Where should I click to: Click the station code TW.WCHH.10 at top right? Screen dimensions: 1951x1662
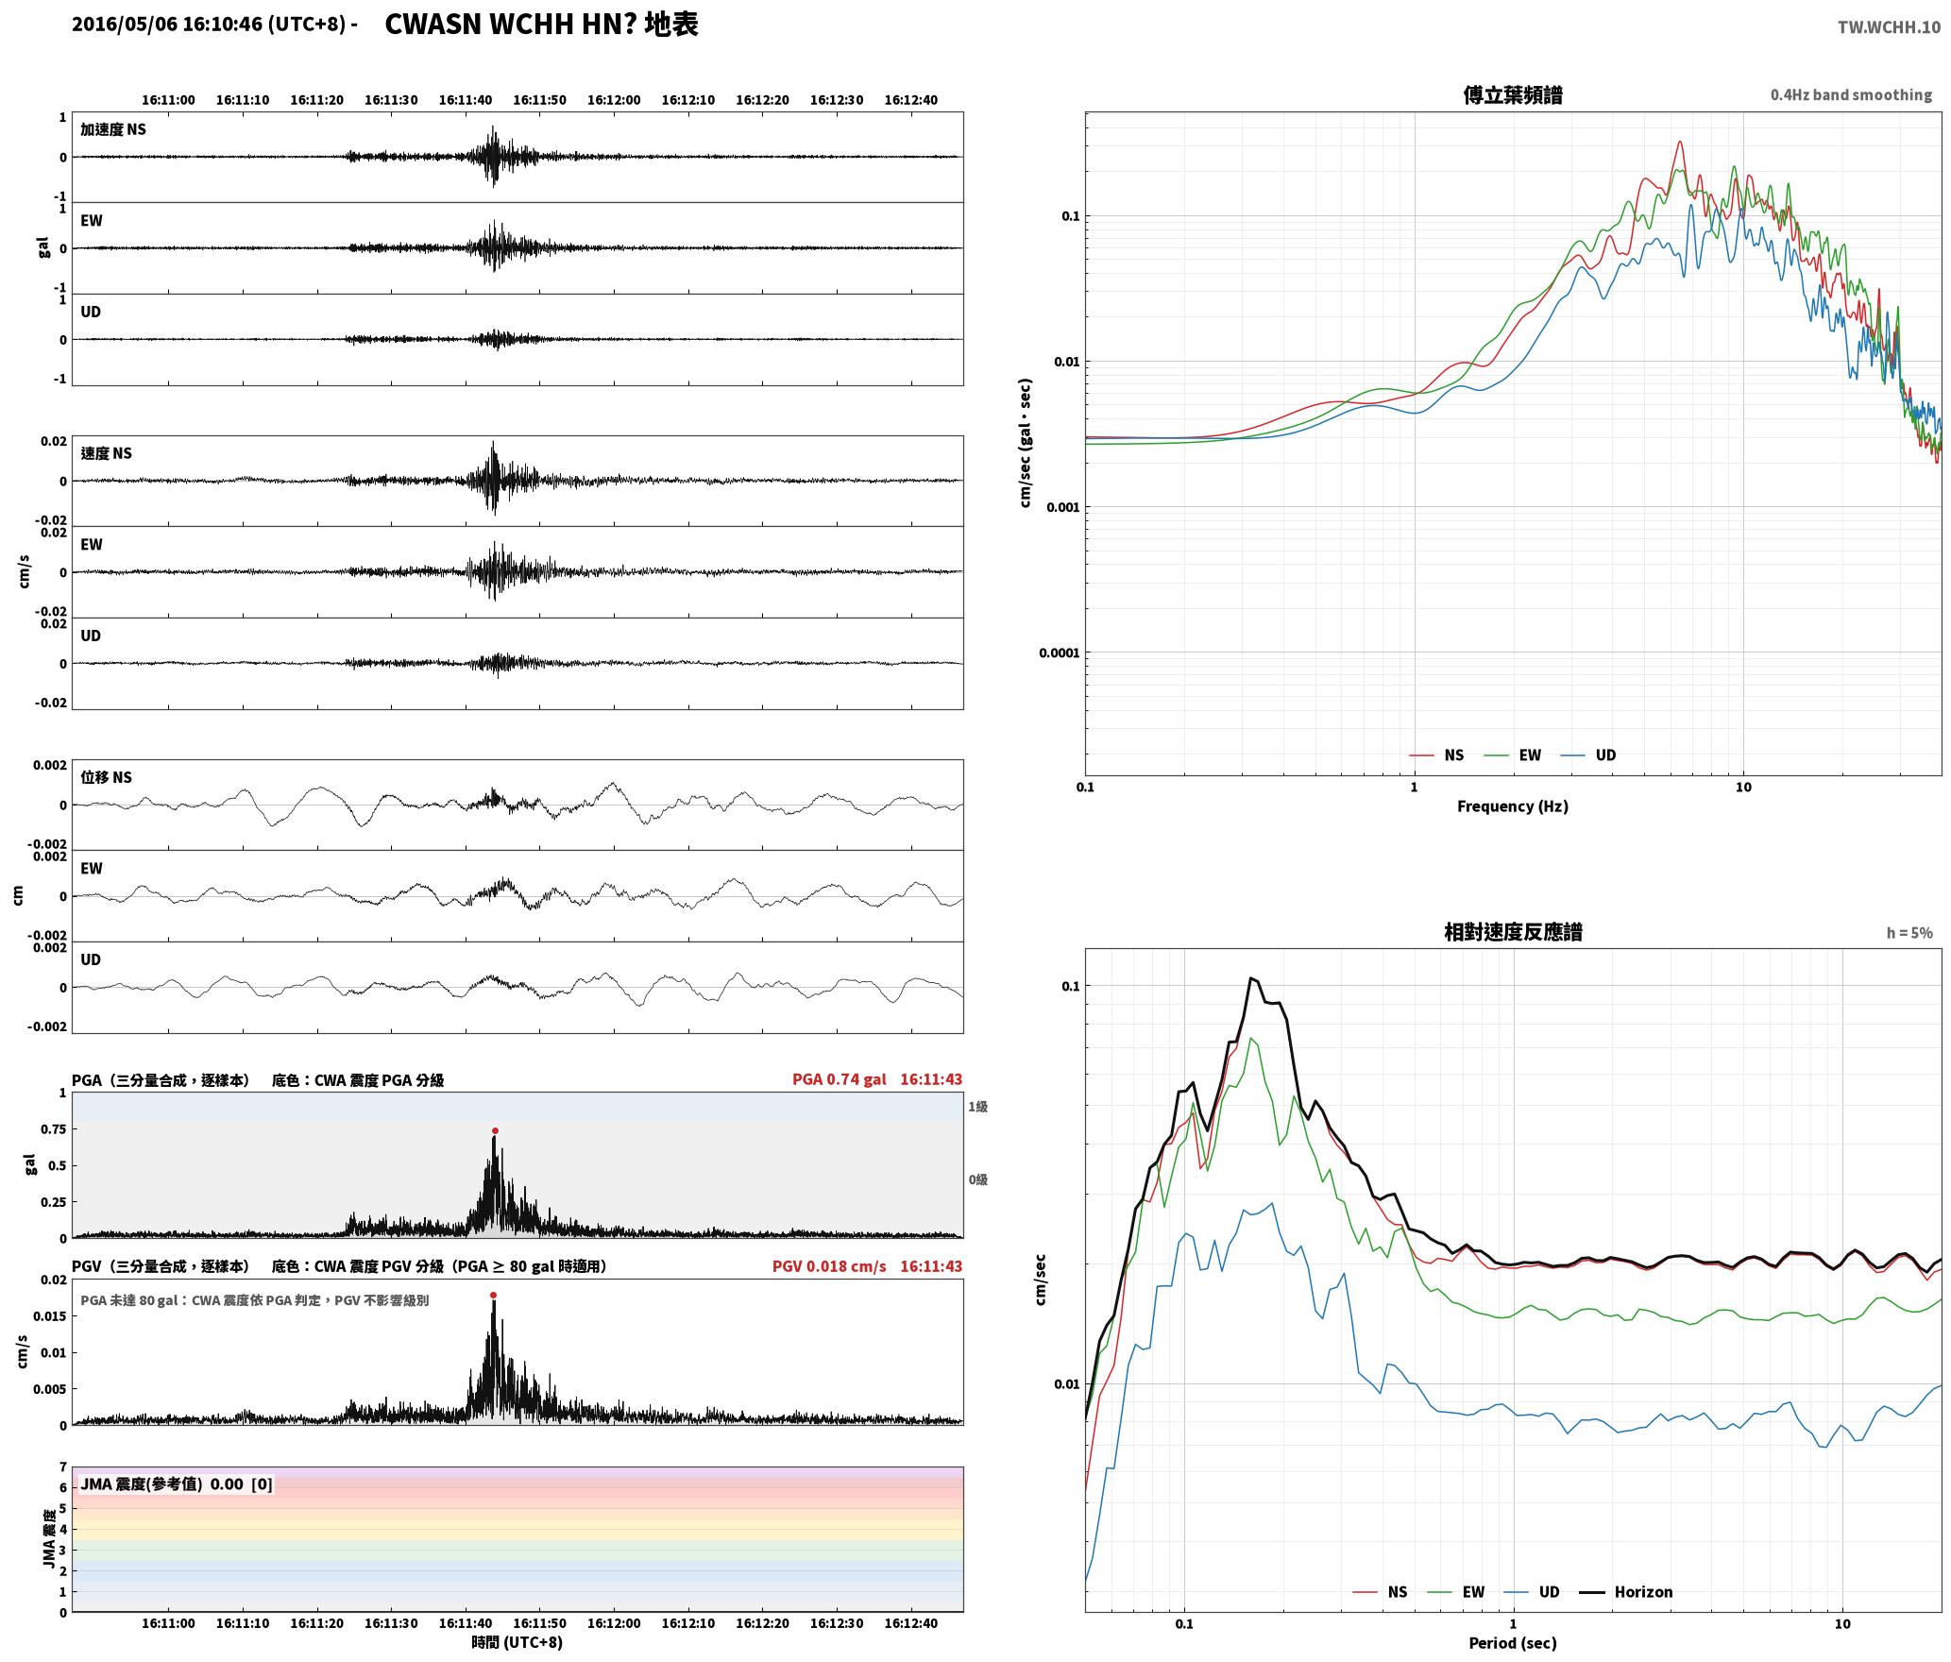click(1889, 27)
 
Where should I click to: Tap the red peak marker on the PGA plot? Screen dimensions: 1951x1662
click(495, 1130)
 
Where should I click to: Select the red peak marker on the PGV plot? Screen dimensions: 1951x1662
click(493, 1296)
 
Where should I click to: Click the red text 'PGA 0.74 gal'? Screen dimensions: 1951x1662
click(839, 1079)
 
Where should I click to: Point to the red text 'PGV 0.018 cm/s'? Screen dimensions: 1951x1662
click(829, 1266)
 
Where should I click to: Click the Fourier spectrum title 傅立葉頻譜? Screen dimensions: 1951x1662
click(1513, 95)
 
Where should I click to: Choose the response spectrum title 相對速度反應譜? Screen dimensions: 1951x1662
click(1513, 932)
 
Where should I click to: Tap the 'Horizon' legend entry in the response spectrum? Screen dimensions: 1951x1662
click(1643, 1592)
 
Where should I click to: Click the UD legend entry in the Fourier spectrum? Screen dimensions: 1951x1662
click(1605, 755)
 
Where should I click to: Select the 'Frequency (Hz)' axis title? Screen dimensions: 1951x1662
click(1513, 806)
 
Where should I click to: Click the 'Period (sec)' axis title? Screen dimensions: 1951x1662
click(1513, 1643)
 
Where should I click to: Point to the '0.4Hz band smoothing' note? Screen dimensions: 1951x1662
click(1851, 95)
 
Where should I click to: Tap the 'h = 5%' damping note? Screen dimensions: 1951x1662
click(1909, 933)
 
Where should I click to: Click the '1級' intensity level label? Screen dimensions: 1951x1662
click(977, 1107)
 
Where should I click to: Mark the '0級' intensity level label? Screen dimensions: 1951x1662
click(977, 1179)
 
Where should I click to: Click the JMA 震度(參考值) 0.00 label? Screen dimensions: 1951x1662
click(177, 1484)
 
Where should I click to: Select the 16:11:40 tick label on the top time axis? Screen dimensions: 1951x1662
click(466, 100)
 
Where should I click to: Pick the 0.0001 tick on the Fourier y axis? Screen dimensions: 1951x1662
click(1059, 653)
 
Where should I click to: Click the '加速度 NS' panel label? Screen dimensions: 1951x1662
click(113, 129)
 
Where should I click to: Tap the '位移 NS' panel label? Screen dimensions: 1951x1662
click(107, 777)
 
